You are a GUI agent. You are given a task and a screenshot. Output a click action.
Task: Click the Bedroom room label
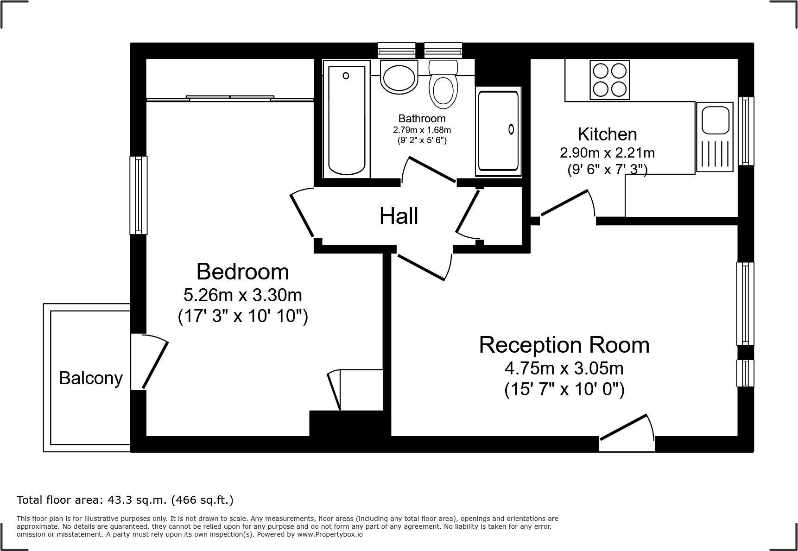(x=242, y=272)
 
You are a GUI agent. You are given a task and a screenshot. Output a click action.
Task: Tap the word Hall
(x=399, y=216)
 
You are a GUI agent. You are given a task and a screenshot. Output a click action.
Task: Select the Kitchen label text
(x=607, y=134)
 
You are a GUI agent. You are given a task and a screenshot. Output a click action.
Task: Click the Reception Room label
(x=564, y=345)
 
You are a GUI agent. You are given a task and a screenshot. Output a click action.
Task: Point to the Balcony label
(x=91, y=378)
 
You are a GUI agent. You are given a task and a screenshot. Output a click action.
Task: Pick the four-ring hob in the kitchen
(x=609, y=80)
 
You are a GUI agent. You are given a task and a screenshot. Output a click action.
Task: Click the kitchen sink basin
(x=716, y=119)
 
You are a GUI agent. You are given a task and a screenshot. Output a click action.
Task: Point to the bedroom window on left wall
(x=138, y=195)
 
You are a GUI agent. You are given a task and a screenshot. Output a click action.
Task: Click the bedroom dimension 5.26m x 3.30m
(x=242, y=295)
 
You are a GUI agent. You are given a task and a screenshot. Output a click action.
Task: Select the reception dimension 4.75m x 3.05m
(x=564, y=369)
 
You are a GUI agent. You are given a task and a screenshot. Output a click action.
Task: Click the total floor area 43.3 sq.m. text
(x=125, y=500)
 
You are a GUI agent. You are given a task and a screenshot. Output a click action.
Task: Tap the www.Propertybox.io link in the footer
(x=329, y=534)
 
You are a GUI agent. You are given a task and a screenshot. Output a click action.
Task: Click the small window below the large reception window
(x=745, y=373)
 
